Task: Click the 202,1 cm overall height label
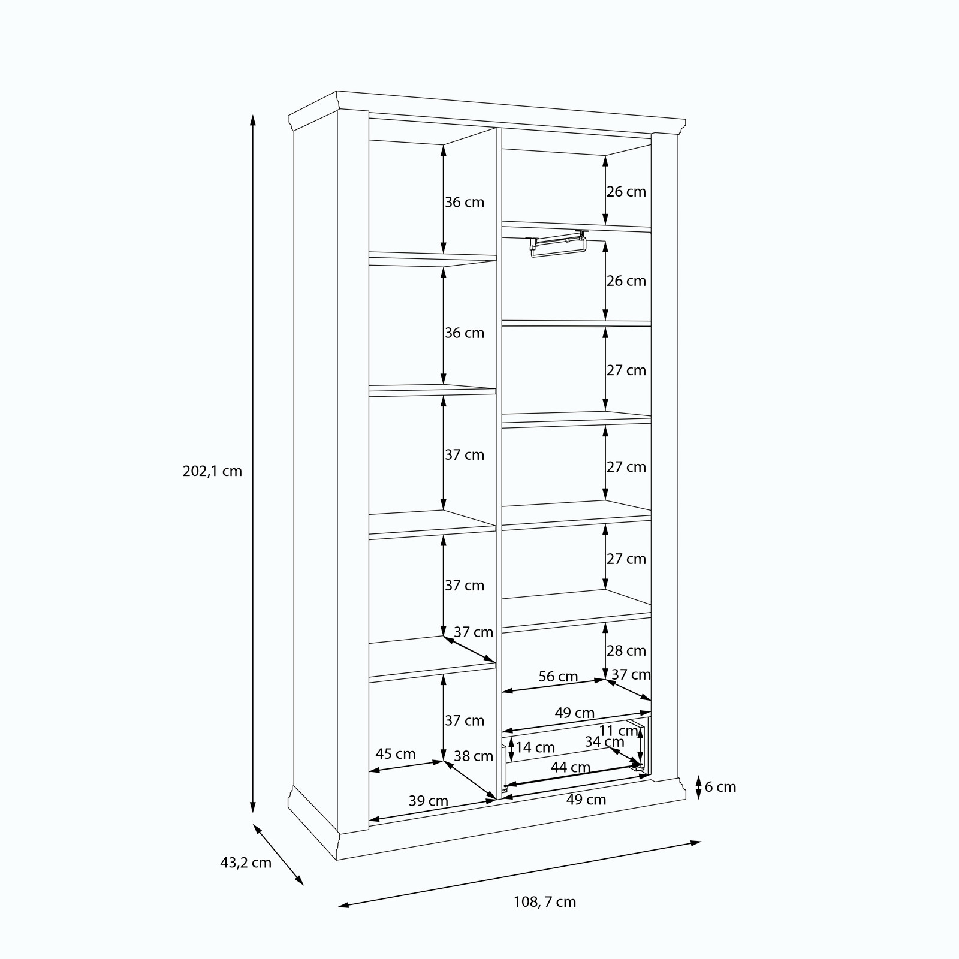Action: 212,471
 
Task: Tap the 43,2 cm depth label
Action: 246,863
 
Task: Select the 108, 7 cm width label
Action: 545,919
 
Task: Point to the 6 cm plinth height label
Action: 720,787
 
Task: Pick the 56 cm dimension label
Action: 558,677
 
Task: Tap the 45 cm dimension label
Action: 395,754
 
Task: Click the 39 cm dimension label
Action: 429,801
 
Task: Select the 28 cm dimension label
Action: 626,650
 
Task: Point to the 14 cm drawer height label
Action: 535,747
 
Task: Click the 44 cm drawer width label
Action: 571,767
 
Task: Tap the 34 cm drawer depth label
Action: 604,742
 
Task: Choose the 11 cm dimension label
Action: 619,731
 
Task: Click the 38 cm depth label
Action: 473,756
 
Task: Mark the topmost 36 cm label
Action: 464,202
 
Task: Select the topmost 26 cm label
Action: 626,192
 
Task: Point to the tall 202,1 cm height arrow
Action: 253,463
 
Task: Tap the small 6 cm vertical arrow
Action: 698,787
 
